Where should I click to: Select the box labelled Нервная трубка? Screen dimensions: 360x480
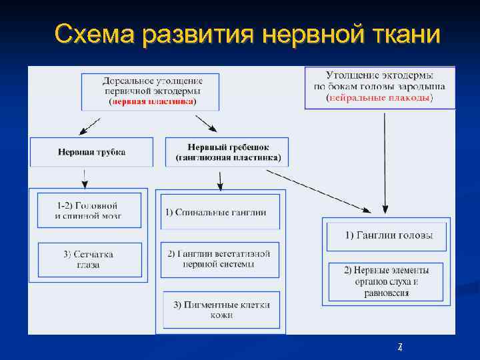point(91,152)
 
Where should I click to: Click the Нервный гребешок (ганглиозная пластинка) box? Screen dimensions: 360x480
point(227,153)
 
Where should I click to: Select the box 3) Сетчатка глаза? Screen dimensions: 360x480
point(89,259)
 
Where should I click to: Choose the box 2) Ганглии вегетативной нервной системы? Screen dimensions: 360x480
point(219,259)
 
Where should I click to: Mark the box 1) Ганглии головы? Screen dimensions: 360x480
point(388,235)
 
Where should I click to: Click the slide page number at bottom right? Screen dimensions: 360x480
point(399,347)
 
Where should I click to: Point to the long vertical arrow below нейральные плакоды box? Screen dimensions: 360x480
point(385,160)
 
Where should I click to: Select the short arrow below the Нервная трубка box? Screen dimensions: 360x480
point(84,178)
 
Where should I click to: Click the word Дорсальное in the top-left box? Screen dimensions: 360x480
point(126,81)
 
